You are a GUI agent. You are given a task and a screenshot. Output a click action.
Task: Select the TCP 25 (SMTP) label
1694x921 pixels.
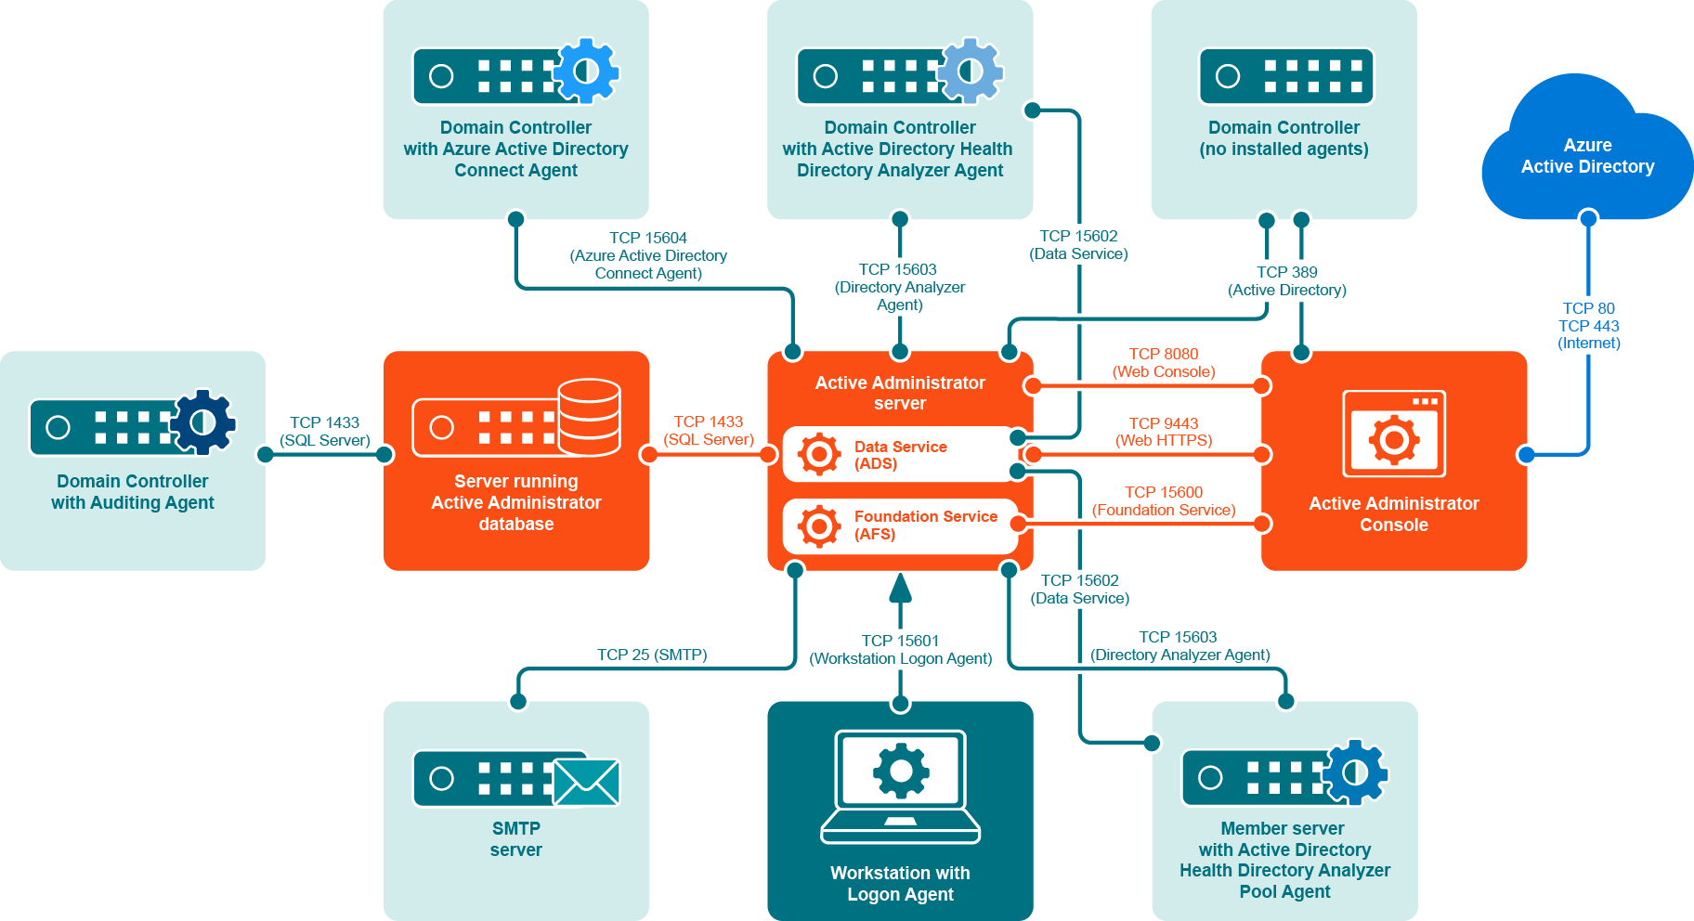(x=652, y=655)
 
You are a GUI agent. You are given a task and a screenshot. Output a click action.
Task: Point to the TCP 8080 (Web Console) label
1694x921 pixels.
(x=1164, y=362)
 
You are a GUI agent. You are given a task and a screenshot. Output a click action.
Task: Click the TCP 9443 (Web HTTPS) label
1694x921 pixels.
(x=1164, y=432)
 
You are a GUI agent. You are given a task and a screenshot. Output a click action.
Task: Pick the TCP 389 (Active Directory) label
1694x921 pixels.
(x=1286, y=280)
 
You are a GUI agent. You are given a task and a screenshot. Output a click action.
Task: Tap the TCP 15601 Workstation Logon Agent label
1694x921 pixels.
(x=900, y=649)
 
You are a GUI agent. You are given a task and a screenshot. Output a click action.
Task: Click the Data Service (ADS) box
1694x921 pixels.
(x=899, y=455)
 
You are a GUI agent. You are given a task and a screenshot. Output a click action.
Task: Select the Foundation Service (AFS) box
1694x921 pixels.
(x=899, y=525)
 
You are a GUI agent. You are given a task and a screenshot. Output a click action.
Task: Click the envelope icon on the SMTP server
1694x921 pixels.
(x=586, y=782)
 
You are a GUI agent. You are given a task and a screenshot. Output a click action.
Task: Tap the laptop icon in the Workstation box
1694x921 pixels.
(x=900, y=785)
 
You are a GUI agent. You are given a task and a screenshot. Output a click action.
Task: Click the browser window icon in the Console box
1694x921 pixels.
(x=1394, y=434)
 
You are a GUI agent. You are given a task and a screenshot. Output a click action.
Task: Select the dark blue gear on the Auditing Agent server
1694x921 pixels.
(x=203, y=422)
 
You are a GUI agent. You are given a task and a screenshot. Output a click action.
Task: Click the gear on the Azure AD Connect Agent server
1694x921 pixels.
(x=586, y=71)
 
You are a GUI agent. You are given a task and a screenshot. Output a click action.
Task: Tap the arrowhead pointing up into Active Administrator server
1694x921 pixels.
(x=900, y=588)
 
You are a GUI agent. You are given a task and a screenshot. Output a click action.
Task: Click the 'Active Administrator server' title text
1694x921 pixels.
(x=900, y=393)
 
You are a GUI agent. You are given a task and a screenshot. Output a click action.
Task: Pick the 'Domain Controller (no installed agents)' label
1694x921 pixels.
(x=1284, y=138)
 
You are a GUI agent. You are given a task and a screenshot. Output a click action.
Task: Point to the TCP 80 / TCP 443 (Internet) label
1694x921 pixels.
(x=1588, y=325)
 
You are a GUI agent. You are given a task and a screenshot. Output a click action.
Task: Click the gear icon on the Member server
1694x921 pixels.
(x=1355, y=772)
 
